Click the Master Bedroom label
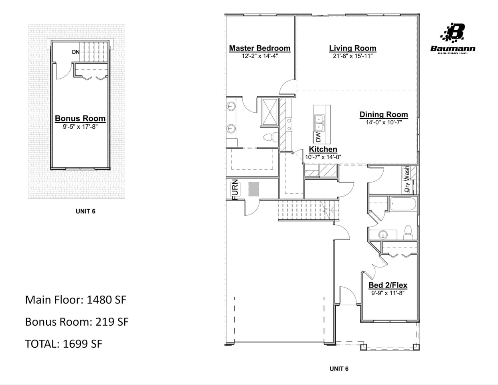point(259,48)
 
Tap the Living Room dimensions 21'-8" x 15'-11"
point(352,56)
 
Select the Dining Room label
point(383,115)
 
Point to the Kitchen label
point(323,149)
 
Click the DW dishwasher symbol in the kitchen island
point(318,137)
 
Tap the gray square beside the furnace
point(254,189)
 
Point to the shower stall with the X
point(270,111)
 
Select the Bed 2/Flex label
point(388,286)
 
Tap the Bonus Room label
point(80,118)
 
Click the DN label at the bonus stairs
point(75,52)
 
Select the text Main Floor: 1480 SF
point(76,300)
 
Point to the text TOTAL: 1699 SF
point(63,344)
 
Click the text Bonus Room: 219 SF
point(77,322)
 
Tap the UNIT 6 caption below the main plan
point(339,369)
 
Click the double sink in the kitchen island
point(319,119)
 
